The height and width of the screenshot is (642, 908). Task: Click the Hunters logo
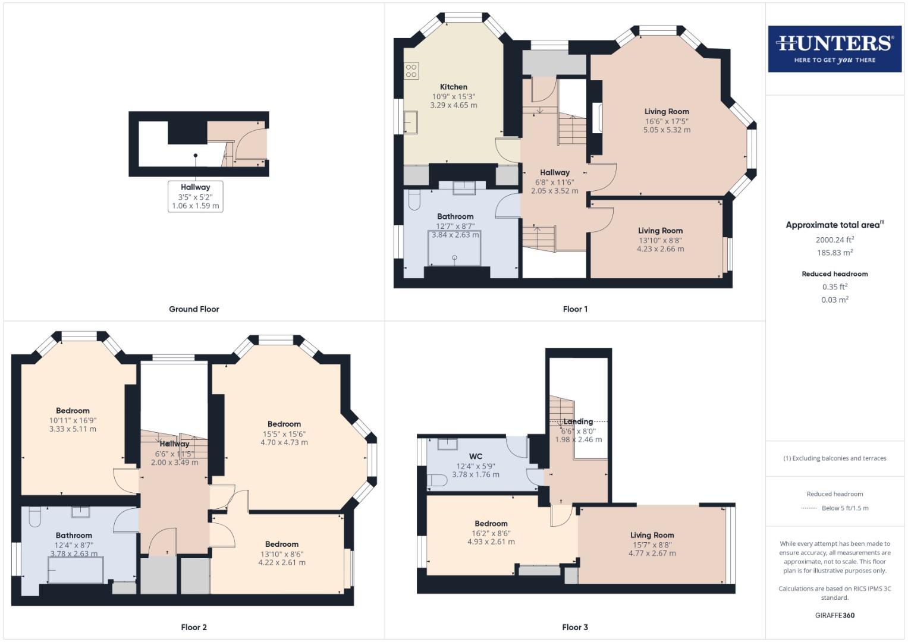(834, 49)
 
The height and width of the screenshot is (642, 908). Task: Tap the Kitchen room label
(454, 87)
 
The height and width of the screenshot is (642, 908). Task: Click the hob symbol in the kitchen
(411, 71)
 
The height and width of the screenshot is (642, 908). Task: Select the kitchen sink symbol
(411, 122)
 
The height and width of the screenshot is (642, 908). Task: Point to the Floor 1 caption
(575, 309)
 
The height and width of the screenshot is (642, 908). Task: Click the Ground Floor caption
(194, 309)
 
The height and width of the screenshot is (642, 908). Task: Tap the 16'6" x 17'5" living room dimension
(667, 121)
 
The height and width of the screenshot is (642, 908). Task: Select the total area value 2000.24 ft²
(835, 240)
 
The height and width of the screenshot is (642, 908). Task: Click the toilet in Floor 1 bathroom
(415, 200)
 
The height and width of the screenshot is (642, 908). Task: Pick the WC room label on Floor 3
(476, 457)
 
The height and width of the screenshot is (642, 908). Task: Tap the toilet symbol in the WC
(437, 480)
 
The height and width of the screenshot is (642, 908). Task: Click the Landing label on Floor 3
(578, 421)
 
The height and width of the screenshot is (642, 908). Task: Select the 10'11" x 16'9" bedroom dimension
(73, 420)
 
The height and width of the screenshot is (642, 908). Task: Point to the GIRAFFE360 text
(835, 615)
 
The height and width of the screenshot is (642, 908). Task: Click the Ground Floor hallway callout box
(195, 197)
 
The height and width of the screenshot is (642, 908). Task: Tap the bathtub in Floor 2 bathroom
(76, 571)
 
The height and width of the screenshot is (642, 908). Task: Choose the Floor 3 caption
(575, 627)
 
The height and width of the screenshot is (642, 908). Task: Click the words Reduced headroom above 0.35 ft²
(835, 274)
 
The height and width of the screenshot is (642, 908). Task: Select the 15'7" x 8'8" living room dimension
(652, 544)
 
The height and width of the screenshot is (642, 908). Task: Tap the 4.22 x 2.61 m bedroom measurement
(282, 562)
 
